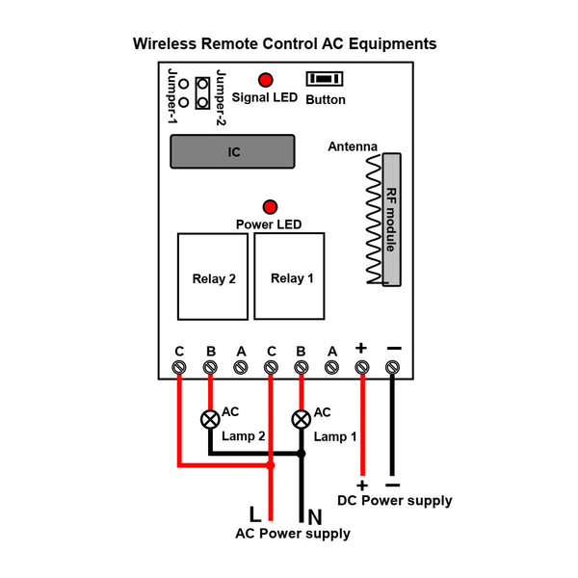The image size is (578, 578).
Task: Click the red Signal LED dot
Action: [266, 80]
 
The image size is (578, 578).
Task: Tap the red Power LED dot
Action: [270, 207]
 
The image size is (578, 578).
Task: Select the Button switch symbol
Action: [325, 79]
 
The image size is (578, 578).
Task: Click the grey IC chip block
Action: [232, 151]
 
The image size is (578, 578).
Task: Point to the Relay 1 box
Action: [289, 276]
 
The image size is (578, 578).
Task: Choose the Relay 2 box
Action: [213, 276]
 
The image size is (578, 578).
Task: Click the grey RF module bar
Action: [392, 220]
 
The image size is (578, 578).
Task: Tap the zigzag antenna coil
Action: [374, 219]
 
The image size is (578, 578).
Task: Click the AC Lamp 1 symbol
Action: [302, 419]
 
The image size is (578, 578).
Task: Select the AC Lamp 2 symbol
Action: [210, 419]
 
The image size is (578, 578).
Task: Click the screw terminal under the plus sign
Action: [362, 367]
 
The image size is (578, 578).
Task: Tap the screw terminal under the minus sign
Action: [392, 367]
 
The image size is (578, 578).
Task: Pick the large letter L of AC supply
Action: [255, 513]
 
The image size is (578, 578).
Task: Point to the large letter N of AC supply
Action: [315, 516]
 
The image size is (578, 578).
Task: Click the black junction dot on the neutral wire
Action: [302, 454]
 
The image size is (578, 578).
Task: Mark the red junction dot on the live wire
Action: [271, 465]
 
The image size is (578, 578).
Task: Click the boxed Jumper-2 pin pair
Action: [202, 93]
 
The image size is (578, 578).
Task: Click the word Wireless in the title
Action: [165, 44]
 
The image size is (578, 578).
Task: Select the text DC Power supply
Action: [395, 501]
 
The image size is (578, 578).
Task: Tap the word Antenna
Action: [353, 146]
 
